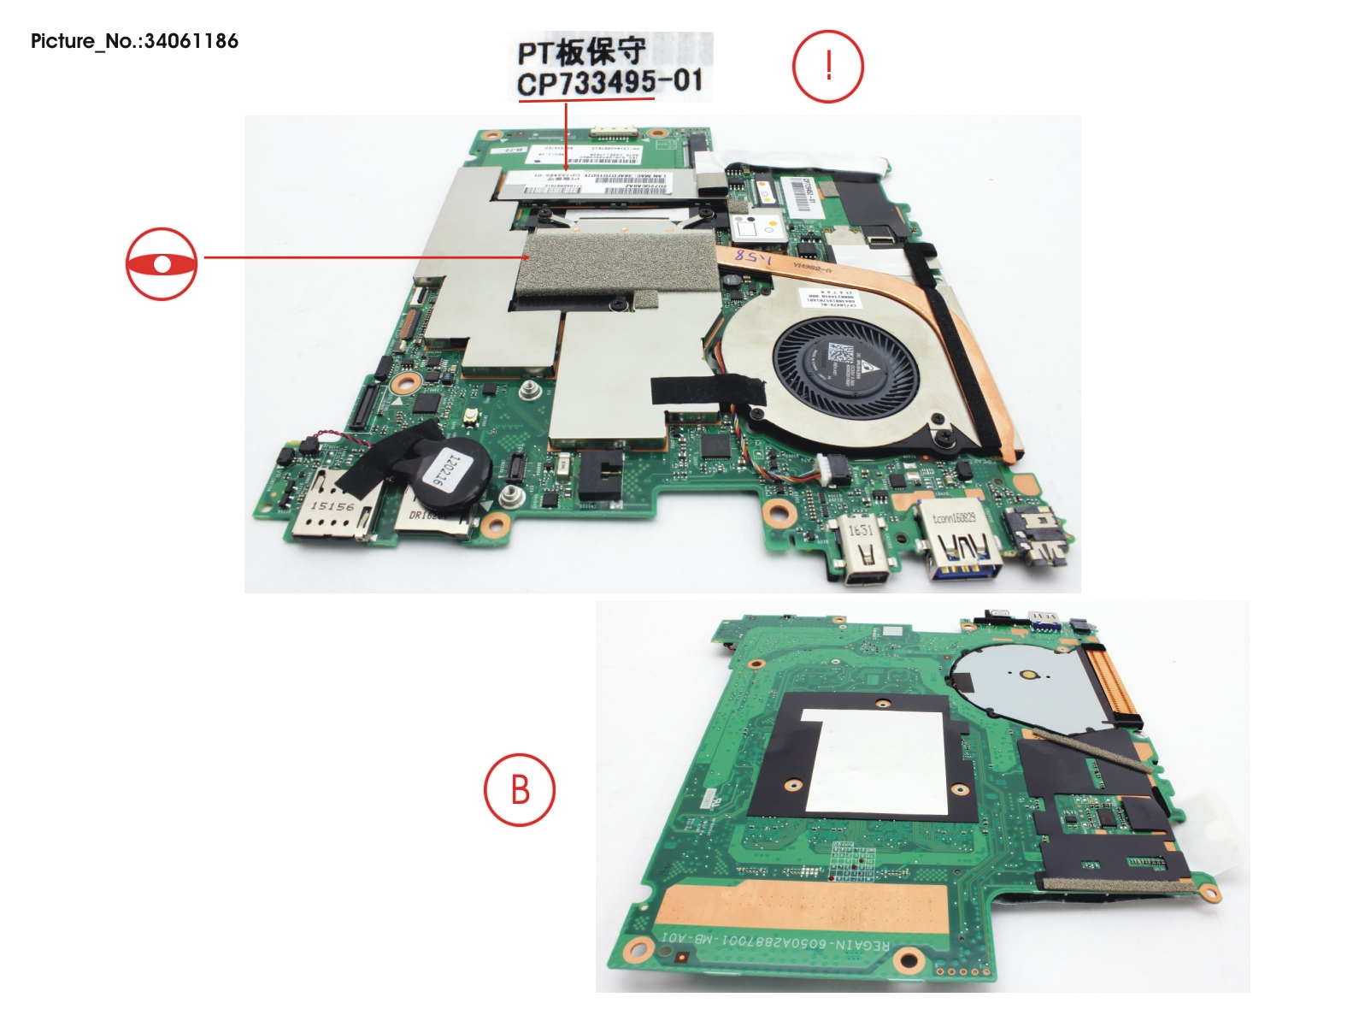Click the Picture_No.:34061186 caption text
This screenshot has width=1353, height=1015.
(x=134, y=41)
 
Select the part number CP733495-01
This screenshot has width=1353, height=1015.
(x=609, y=83)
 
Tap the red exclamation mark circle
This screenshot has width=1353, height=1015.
(x=827, y=67)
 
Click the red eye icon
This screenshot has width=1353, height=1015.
(x=162, y=263)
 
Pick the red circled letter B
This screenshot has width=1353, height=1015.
(x=520, y=789)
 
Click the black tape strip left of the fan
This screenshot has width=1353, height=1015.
(x=709, y=389)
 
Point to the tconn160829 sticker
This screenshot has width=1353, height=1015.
(x=953, y=517)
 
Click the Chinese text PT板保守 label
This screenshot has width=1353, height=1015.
(x=582, y=52)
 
